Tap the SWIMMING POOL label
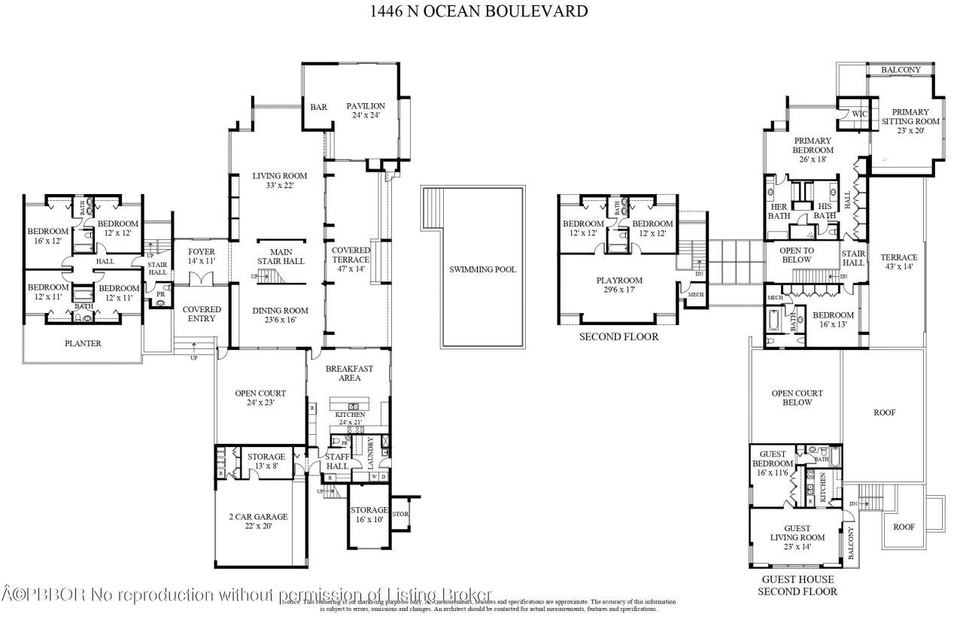click(x=482, y=269)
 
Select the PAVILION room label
click(x=366, y=111)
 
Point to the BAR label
click(x=318, y=107)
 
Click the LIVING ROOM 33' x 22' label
click(x=279, y=181)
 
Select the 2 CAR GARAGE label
click(x=258, y=521)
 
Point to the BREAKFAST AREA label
click(x=348, y=373)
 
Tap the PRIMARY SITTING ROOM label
click(x=910, y=121)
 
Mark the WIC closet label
click(x=860, y=114)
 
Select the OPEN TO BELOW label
click(x=796, y=255)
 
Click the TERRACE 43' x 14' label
click(x=899, y=263)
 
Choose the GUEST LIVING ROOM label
click(x=797, y=538)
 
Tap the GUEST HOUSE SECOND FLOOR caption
click(x=797, y=585)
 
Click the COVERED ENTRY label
click(x=202, y=314)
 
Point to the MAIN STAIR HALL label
click(x=276, y=257)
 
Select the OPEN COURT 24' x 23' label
click(x=260, y=398)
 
